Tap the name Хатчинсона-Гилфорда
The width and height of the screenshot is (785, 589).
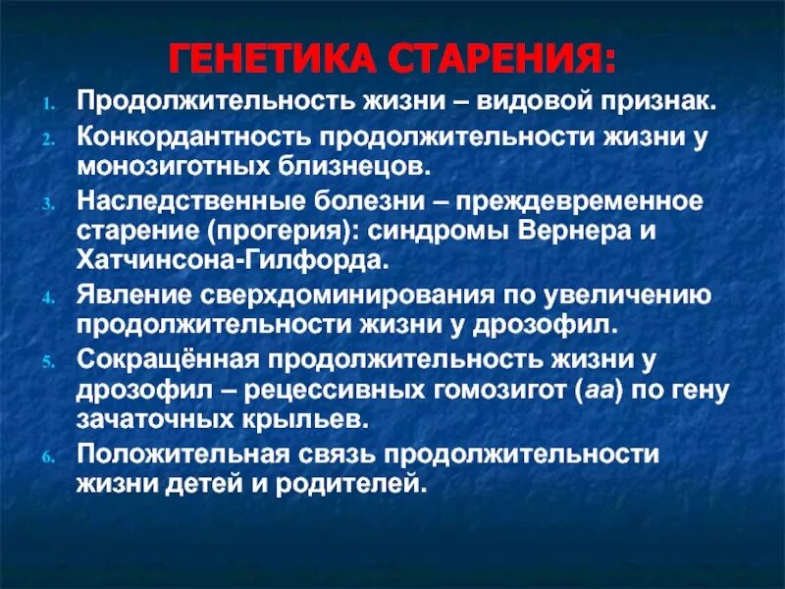click(233, 263)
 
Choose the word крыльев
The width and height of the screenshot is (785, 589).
click(315, 419)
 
